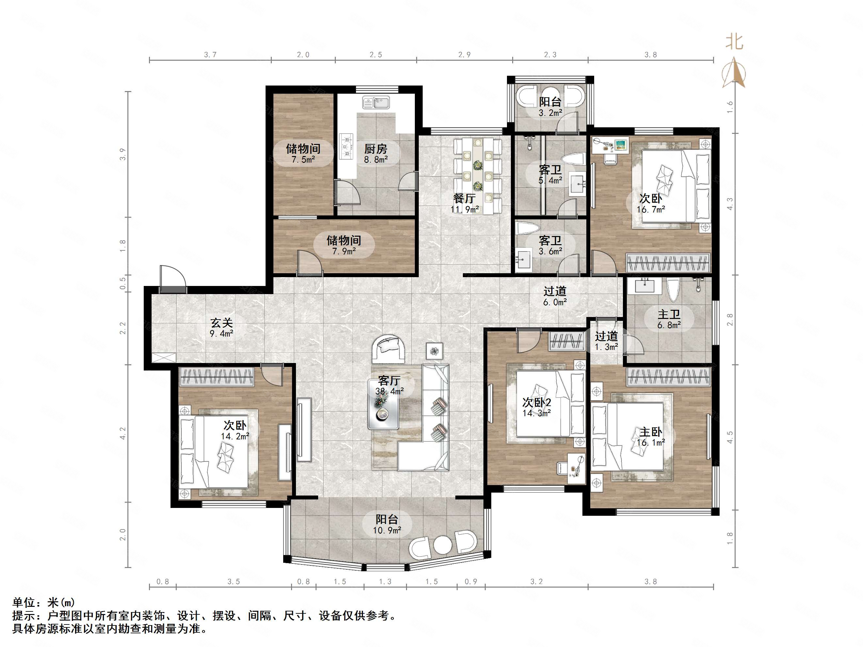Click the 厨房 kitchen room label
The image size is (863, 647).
coord(375,153)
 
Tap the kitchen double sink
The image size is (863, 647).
coord(376,103)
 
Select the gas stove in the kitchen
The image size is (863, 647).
coord(346,146)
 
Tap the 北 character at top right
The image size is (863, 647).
coord(734,42)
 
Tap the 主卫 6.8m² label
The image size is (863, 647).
coord(669,319)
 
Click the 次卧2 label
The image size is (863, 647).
coord(536,407)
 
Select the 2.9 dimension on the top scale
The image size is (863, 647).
coord(464,55)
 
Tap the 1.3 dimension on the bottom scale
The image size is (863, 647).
coord(385,581)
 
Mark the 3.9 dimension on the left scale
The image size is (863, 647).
coord(123,154)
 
